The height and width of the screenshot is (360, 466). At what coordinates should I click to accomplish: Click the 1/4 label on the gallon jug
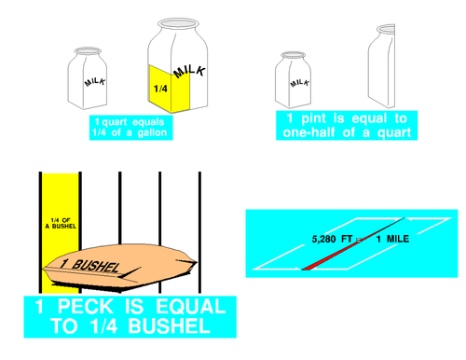coord(160,89)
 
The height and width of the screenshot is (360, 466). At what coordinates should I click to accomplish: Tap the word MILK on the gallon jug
coord(189,72)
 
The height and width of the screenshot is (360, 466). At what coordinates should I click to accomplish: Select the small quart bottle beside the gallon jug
coord(88,78)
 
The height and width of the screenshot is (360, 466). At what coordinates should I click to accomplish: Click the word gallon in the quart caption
coord(152,132)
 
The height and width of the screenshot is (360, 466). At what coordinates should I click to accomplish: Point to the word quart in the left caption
coord(115,122)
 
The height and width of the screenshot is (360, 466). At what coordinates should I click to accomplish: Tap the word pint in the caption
coord(314,118)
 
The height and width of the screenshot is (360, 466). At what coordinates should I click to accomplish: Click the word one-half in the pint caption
coord(308,132)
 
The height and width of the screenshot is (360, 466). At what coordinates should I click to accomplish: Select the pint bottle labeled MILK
coord(293,80)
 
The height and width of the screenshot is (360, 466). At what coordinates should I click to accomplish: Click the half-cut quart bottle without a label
coord(381,66)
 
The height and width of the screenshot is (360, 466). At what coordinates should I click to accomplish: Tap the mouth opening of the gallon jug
coord(178,23)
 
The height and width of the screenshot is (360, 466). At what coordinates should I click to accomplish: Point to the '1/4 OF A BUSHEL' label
coord(61,223)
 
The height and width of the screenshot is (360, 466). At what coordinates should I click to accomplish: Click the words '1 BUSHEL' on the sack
coord(90,265)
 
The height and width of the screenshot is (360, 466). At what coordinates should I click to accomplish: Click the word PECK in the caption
coord(86,307)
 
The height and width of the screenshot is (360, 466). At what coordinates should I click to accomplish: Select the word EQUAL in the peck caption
coord(191,307)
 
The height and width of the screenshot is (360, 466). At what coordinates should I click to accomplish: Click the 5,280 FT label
coord(332,239)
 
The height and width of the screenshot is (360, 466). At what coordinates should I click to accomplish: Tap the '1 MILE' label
coord(392,239)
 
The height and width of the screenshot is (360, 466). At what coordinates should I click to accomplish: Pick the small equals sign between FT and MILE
coord(359,240)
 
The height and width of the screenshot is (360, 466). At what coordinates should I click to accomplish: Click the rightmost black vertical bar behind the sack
coord(199,232)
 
